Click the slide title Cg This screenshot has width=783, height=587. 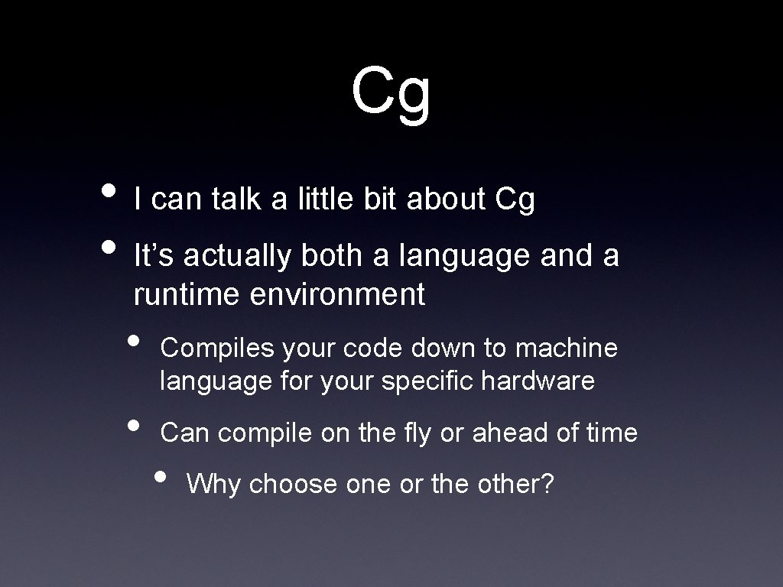tap(391, 92)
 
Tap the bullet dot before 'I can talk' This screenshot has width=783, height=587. tap(109, 189)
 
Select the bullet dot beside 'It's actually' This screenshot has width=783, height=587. tap(109, 246)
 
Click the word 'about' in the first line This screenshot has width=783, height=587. tap(447, 199)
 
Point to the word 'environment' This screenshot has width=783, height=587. tap(337, 294)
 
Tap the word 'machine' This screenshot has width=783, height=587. tap(567, 349)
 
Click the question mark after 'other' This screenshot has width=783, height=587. tap(547, 484)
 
